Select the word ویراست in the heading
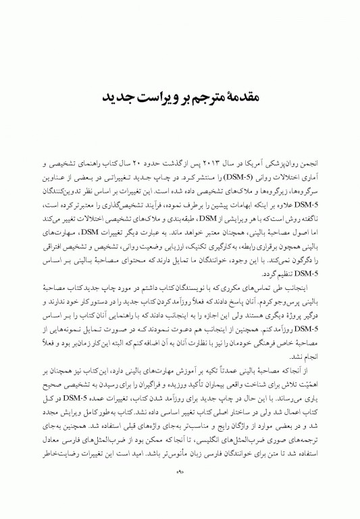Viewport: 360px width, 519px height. coord(153,98)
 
